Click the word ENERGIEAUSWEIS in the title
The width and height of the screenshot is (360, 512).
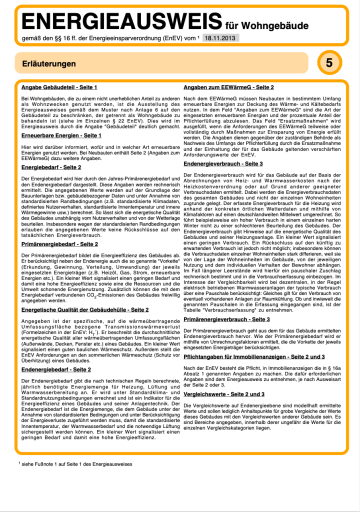(x=121, y=22)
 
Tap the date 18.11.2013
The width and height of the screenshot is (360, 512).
(x=221, y=37)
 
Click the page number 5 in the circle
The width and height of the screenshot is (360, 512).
(x=328, y=63)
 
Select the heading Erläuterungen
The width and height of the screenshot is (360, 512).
(x=49, y=63)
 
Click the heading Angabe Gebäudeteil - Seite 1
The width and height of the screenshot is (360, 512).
(x=59, y=87)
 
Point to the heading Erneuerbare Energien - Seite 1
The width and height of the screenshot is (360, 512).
(x=61, y=135)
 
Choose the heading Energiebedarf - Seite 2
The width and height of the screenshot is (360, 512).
(x=51, y=167)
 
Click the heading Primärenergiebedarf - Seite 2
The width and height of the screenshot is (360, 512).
(x=59, y=244)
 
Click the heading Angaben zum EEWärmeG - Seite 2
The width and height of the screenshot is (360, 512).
(x=228, y=87)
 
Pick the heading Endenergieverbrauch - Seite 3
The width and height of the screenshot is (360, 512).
(x=223, y=163)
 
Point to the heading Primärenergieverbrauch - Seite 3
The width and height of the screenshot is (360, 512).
(x=226, y=319)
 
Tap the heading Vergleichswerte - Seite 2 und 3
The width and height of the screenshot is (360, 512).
(x=224, y=394)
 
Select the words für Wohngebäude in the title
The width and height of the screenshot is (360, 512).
(x=266, y=25)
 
